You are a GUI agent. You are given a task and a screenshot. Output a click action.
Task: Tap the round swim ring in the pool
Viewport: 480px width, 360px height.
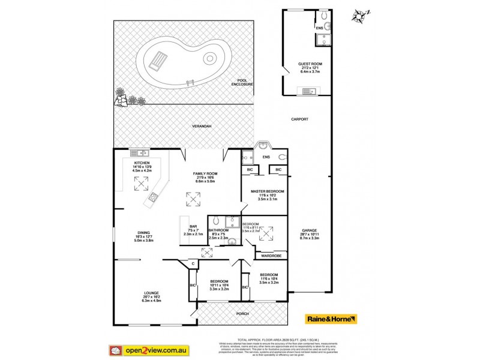pyautogui.click(x=209, y=59)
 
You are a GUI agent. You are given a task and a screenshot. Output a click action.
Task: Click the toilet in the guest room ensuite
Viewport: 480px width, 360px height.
pyautogui.click(x=323, y=14)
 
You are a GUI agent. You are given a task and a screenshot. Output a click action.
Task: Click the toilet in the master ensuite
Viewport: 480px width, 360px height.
pyautogui.click(x=283, y=157)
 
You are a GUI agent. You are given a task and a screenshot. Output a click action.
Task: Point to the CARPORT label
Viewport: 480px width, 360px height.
pyautogui.click(x=299, y=119)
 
